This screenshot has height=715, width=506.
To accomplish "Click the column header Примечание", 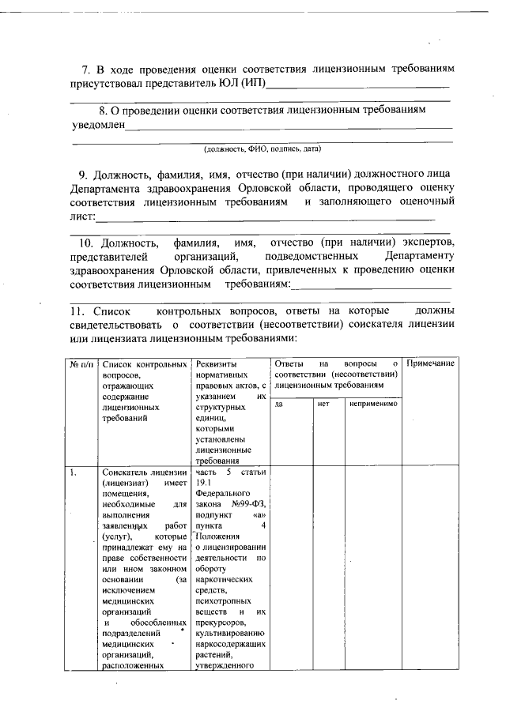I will pos(431,363).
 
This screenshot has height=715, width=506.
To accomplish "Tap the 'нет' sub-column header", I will pos(323,404).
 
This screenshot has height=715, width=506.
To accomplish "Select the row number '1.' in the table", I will pos(73,472).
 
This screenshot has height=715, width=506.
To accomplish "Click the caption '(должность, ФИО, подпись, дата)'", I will pos(262,148).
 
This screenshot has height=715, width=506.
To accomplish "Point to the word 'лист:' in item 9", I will pos(83,216).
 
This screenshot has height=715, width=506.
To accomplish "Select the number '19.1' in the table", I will pos(205,483).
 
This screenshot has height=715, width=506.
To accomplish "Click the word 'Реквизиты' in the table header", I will pos(217,363).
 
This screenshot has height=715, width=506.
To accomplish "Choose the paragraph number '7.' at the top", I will pos(87,70).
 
